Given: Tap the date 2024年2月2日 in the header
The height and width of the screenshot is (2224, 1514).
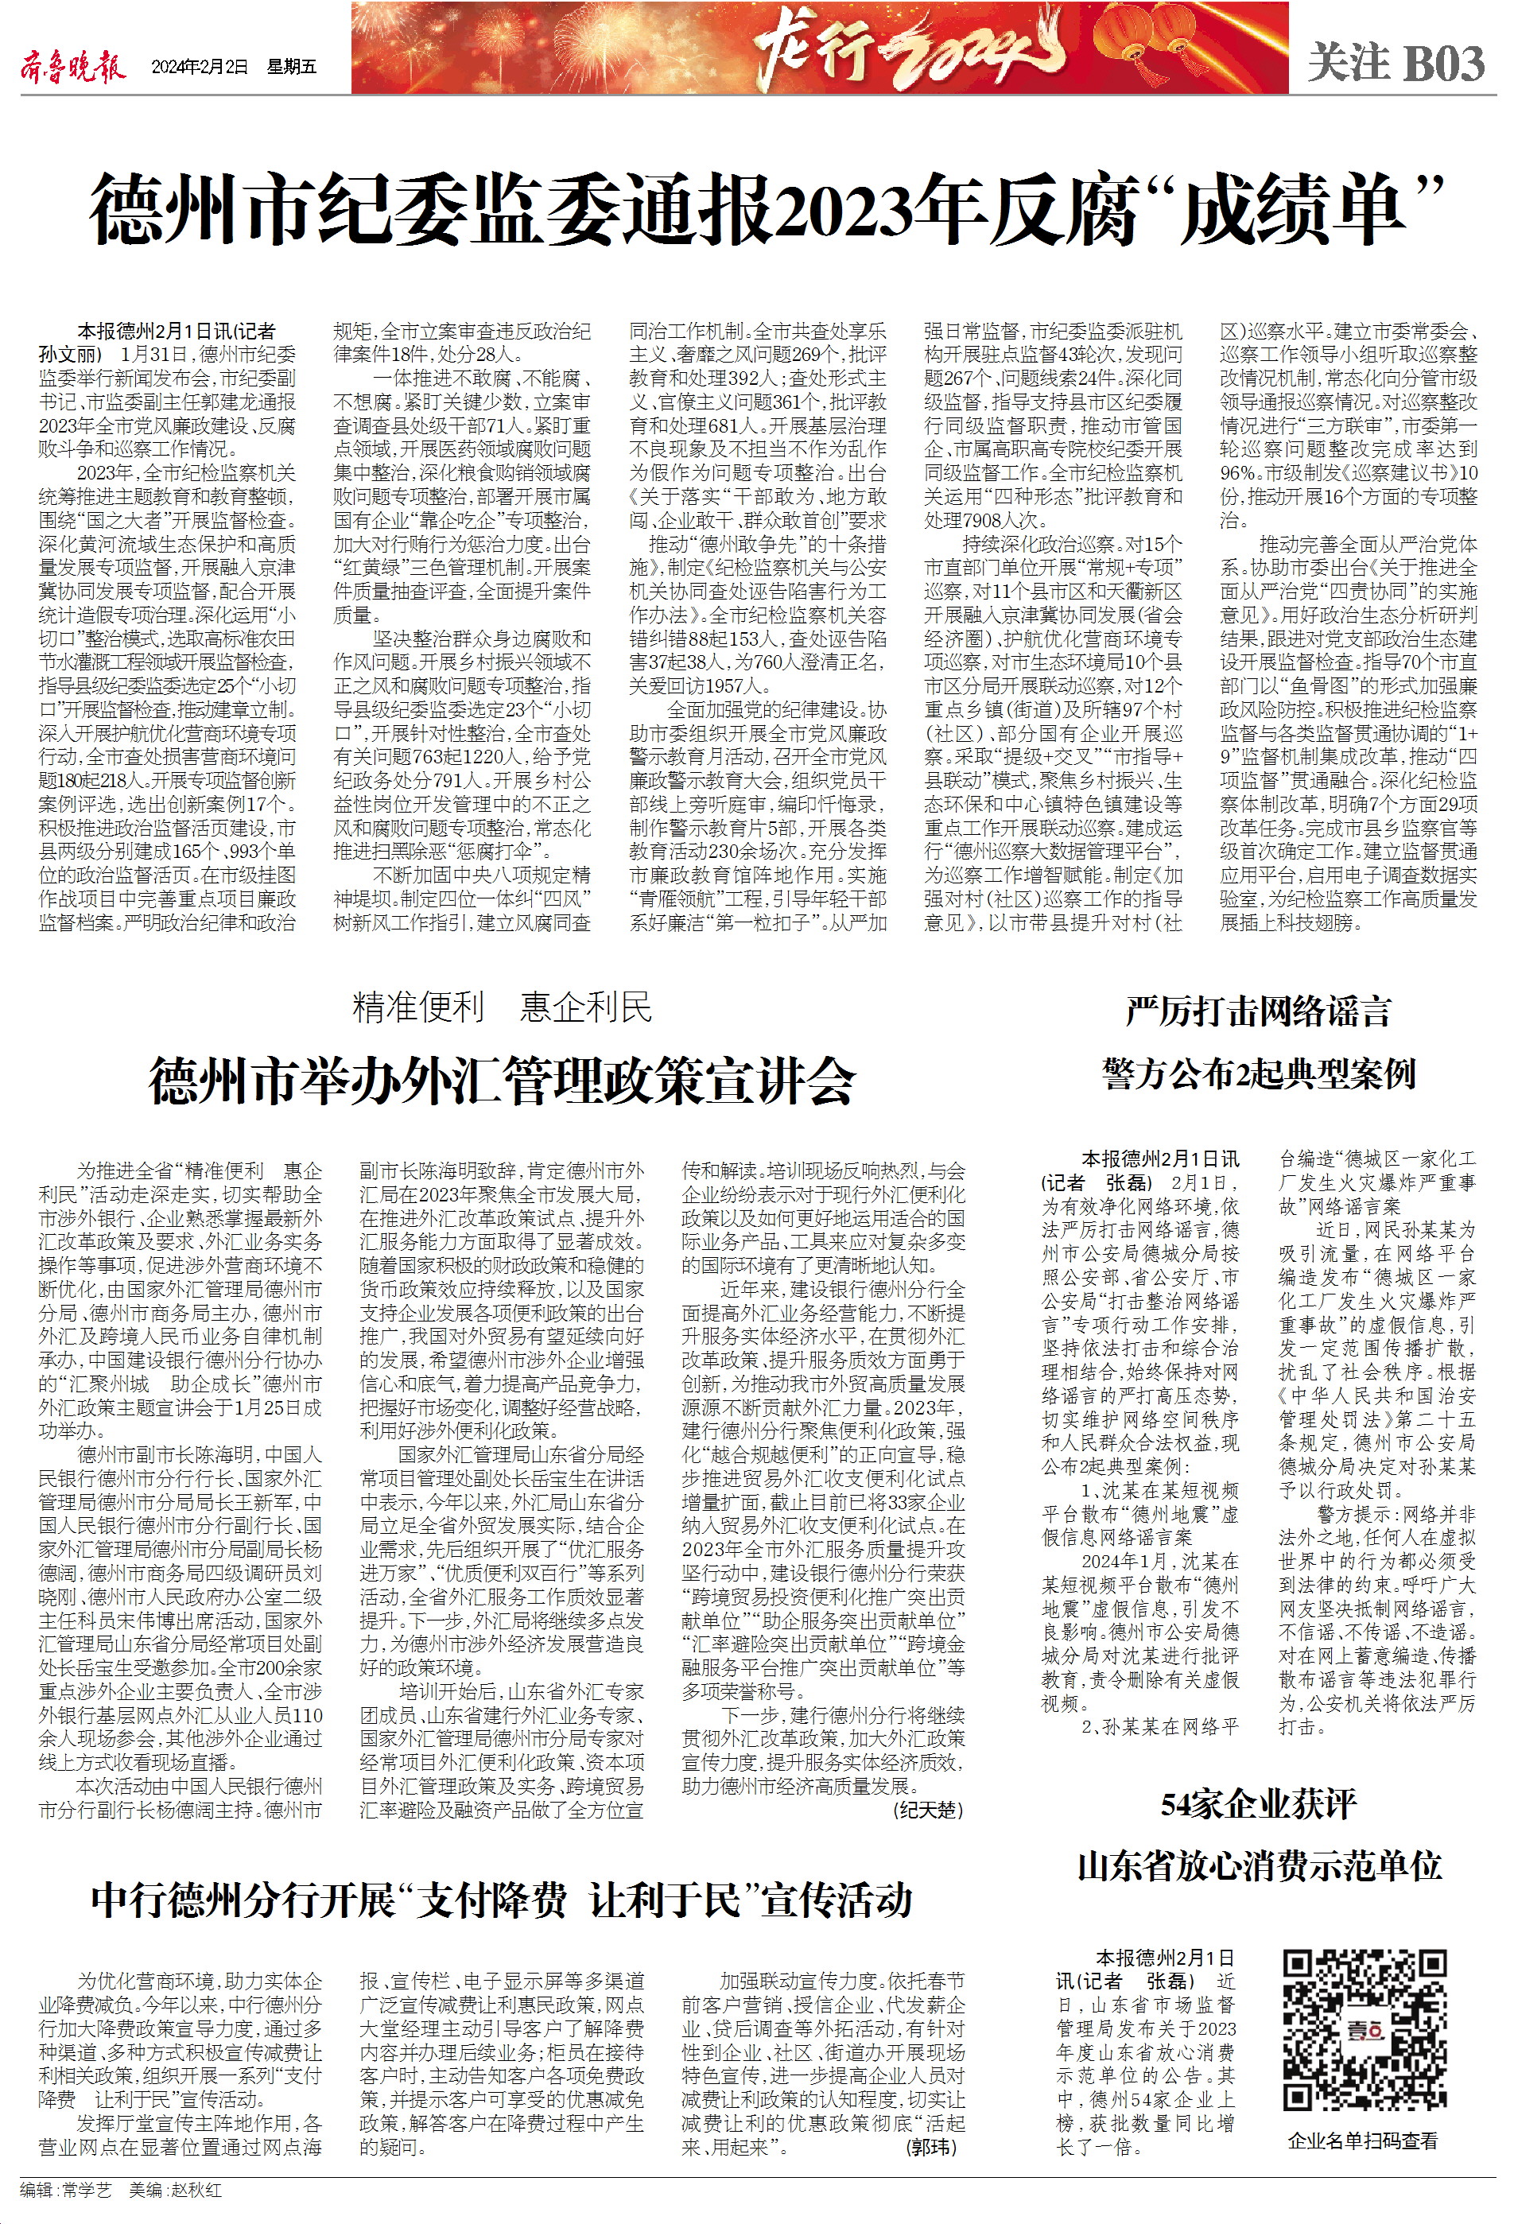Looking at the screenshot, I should point(199,67).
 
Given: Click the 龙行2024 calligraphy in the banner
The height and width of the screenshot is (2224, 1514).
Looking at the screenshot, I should point(909,51).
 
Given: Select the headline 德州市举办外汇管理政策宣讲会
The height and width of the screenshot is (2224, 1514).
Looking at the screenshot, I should point(502,1082).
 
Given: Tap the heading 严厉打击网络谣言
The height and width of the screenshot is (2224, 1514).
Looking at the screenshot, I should point(1257,1011).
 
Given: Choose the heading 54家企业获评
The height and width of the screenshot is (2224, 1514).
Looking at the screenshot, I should point(1257,1806).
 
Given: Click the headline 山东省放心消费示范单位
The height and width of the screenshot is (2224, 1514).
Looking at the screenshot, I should point(1257,1866).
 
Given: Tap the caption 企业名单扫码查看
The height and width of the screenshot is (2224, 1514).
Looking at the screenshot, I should point(1363,2141).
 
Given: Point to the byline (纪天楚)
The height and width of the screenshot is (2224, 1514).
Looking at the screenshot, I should point(927,1811).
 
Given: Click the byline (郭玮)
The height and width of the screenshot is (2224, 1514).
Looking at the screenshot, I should point(930,2148).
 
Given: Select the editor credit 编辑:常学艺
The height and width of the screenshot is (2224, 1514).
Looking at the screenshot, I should point(66,2191).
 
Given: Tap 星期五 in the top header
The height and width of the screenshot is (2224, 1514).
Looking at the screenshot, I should point(292,67).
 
